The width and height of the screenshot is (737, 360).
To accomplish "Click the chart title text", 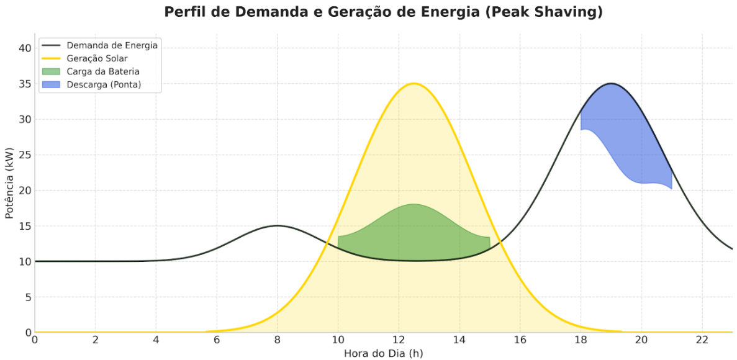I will (x=383, y=12).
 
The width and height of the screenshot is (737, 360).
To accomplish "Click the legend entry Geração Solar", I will (x=97, y=58).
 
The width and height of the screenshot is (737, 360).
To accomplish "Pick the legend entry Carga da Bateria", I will (x=103, y=71).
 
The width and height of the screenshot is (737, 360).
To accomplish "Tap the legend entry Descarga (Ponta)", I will (x=104, y=84).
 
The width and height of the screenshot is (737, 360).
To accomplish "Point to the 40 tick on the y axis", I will (x=25, y=48).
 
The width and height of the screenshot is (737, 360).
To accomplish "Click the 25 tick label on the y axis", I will (x=25, y=155).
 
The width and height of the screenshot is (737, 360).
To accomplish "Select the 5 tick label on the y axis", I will (x=27, y=297).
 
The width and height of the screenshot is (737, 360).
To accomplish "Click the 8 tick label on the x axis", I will (x=278, y=340).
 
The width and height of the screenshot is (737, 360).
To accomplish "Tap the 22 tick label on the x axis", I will (x=702, y=340).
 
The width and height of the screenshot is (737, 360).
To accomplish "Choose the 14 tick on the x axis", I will (x=459, y=340).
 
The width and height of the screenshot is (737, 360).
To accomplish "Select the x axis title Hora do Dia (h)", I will (x=383, y=353).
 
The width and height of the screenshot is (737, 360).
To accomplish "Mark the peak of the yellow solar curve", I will (x=414, y=83).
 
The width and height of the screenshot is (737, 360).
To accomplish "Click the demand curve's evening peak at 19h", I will (x=611, y=83).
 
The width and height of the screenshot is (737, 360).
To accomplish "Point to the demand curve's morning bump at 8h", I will (x=278, y=226).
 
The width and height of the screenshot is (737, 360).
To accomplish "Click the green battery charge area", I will (x=414, y=233).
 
